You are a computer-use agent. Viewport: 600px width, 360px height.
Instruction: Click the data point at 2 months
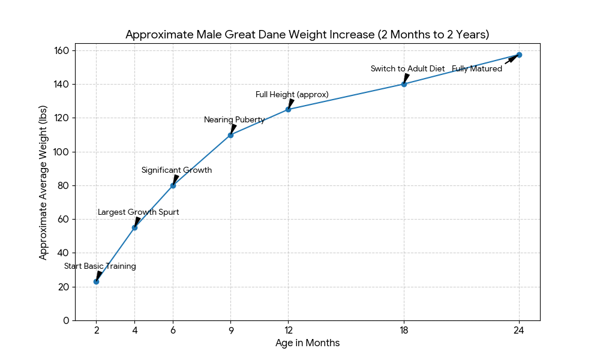click(x=96, y=281)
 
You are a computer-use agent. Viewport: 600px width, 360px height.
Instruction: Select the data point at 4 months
click(x=134, y=227)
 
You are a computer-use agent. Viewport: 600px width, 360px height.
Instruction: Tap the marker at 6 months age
click(x=173, y=185)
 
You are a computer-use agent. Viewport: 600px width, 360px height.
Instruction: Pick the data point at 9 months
click(x=230, y=135)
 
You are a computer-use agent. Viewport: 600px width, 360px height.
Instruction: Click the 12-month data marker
click(x=288, y=109)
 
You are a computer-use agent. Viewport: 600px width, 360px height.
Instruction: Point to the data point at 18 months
click(x=404, y=84)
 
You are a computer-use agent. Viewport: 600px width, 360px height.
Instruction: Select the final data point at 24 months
click(x=519, y=55)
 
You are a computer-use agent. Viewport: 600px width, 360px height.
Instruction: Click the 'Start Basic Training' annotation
click(x=100, y=266)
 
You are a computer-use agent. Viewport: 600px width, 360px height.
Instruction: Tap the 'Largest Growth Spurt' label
click(x=138, y=212)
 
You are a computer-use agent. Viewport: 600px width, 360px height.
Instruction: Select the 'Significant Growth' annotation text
click(x=176, y=170)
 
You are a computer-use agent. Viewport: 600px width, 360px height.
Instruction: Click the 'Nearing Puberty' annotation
click(x=234, y=120)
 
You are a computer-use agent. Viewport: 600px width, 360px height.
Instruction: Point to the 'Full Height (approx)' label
click(x=292, y=95)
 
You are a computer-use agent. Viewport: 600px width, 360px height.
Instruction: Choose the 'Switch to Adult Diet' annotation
click(x=407, y=69)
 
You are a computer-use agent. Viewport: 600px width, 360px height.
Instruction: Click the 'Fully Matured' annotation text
click(x=477, y=69)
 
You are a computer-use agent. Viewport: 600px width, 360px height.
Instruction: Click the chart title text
click(x=307, y=35)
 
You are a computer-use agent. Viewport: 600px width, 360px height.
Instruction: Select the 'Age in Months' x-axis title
click(x=307, y=343)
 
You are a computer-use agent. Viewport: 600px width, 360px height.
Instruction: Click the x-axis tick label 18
click(x=404, y=329)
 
